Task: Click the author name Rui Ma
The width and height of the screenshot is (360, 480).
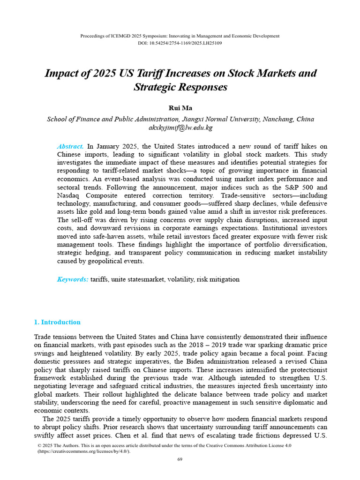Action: tap(180, 108)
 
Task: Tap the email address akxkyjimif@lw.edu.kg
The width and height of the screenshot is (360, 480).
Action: tap(180, 127)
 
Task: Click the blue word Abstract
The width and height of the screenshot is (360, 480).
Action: tap(70, 146)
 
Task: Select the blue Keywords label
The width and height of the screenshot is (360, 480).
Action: tap(73, 279)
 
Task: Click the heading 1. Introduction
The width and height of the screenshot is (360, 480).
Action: tap(57, 322)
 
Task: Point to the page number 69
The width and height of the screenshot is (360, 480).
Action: tap(180, 459)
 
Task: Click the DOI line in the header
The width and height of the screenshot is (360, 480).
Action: tap(180, 43)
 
